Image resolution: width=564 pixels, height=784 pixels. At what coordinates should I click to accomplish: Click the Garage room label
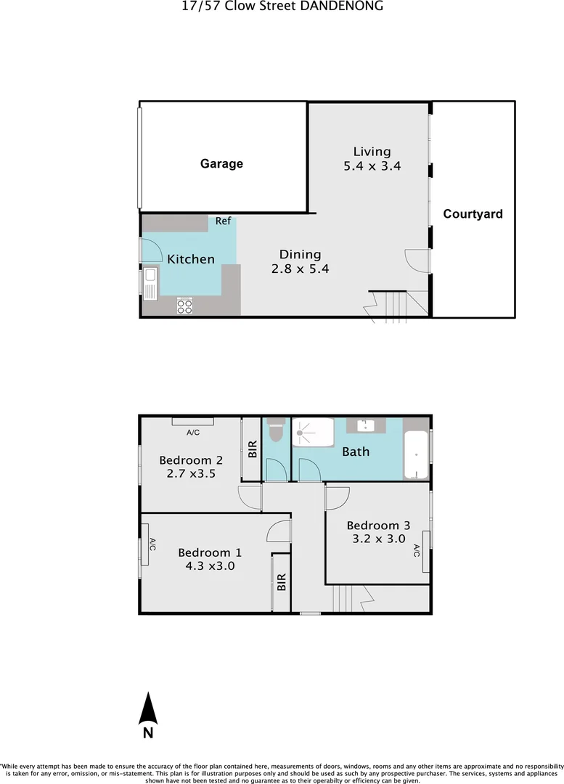(x=221, y=164)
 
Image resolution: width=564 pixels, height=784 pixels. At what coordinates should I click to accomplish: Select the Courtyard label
(x=473, y=214)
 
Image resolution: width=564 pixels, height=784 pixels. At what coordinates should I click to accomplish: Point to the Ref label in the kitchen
(x=223, y=221)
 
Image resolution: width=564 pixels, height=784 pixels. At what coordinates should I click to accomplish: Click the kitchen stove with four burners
(x=185, y=306)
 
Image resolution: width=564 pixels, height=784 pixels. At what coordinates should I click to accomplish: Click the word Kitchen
(x=191, y=259)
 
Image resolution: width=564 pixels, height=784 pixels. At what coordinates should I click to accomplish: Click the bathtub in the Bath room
(x=417, y=455)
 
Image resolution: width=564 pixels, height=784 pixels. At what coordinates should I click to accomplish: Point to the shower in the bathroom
(x=313, y=433)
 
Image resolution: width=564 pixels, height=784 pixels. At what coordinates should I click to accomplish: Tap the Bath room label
(x=356, y=452)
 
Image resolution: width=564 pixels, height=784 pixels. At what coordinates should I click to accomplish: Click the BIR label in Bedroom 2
(x=253, y=449)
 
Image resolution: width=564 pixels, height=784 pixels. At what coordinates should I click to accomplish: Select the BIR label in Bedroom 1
(x=282, y=582)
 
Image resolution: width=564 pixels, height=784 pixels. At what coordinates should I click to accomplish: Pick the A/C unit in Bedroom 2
(x=192, y=422)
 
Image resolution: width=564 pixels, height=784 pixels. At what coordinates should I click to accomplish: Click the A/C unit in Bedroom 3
(x=426, y=540)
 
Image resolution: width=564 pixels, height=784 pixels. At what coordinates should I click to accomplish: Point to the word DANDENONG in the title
(x=346, y=7)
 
